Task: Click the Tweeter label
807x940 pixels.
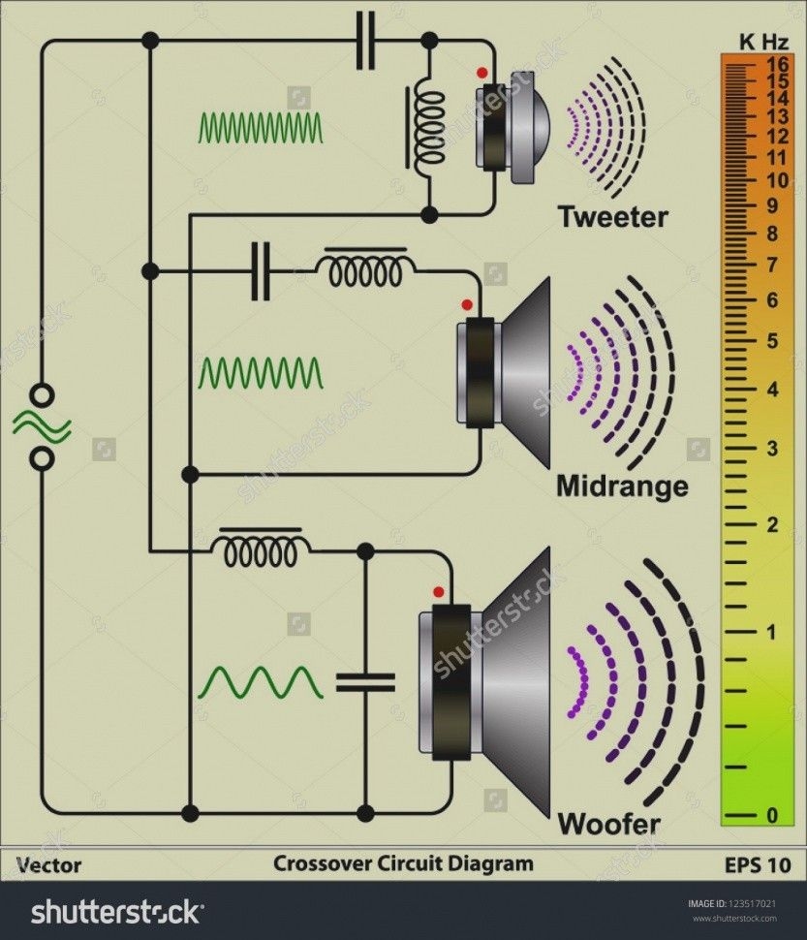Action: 612,217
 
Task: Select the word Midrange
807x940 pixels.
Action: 622,485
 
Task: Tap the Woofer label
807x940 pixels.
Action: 608,825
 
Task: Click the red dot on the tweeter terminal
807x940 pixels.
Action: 481,73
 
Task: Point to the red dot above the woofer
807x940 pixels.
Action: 439,590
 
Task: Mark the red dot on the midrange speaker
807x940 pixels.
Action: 467,304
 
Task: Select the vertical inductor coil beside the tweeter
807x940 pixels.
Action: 428,127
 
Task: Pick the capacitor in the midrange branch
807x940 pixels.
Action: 260,271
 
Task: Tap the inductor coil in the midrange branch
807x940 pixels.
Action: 365,271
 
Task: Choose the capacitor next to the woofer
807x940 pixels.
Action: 365,682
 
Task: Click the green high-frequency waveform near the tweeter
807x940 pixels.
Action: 261,127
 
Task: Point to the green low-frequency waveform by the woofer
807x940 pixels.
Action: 261,682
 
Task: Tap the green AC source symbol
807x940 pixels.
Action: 42,426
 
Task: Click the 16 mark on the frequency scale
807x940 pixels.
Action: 775,62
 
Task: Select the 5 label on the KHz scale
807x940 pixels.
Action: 772,341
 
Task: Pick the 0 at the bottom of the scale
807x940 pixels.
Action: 772,816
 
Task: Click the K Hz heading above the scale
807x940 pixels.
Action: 763,41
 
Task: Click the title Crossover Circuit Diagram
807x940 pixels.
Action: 403,862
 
